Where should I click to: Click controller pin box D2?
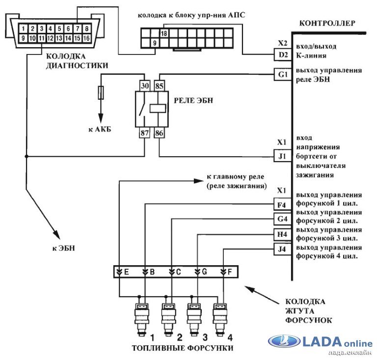click(x=282, y=55)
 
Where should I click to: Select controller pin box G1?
click(x=282, y=75)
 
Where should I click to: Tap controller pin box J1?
click(x=282, y=157)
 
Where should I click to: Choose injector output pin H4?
click(x=282, y=234)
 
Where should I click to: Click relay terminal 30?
click(x=145, y=85)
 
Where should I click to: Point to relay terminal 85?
click(x=160, y=85)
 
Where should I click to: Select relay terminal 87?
click(x=145, y=133)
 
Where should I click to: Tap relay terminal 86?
click(x=160, y=133)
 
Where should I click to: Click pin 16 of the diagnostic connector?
click(x=87, y=38)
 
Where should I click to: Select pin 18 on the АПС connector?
click(x=164, y=33)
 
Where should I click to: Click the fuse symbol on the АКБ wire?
click(x=101, y=92)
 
